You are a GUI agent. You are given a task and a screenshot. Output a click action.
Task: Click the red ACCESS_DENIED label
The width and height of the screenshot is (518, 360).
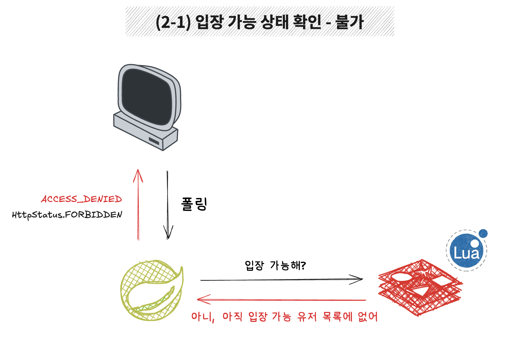(81, 199)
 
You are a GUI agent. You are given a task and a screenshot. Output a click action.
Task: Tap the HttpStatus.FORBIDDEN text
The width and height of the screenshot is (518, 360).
(67, 215)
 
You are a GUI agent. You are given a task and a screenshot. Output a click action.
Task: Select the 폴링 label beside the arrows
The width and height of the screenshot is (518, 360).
(194, 204)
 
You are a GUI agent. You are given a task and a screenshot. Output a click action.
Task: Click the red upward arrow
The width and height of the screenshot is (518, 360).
(138, 204)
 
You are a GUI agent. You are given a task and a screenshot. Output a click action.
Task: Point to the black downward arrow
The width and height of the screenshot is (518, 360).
(168, 204)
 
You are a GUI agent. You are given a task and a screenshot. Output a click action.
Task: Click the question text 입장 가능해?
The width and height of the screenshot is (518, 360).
(275, 266)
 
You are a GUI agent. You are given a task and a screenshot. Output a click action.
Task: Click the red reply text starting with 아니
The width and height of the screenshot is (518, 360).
(284, 317)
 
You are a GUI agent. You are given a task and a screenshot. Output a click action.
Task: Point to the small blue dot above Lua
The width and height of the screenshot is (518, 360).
(483, 234)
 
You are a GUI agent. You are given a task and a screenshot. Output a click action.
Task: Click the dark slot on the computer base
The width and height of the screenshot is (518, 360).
(154, 141)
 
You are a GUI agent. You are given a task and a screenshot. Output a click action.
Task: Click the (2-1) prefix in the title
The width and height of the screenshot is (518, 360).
(173, 22)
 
